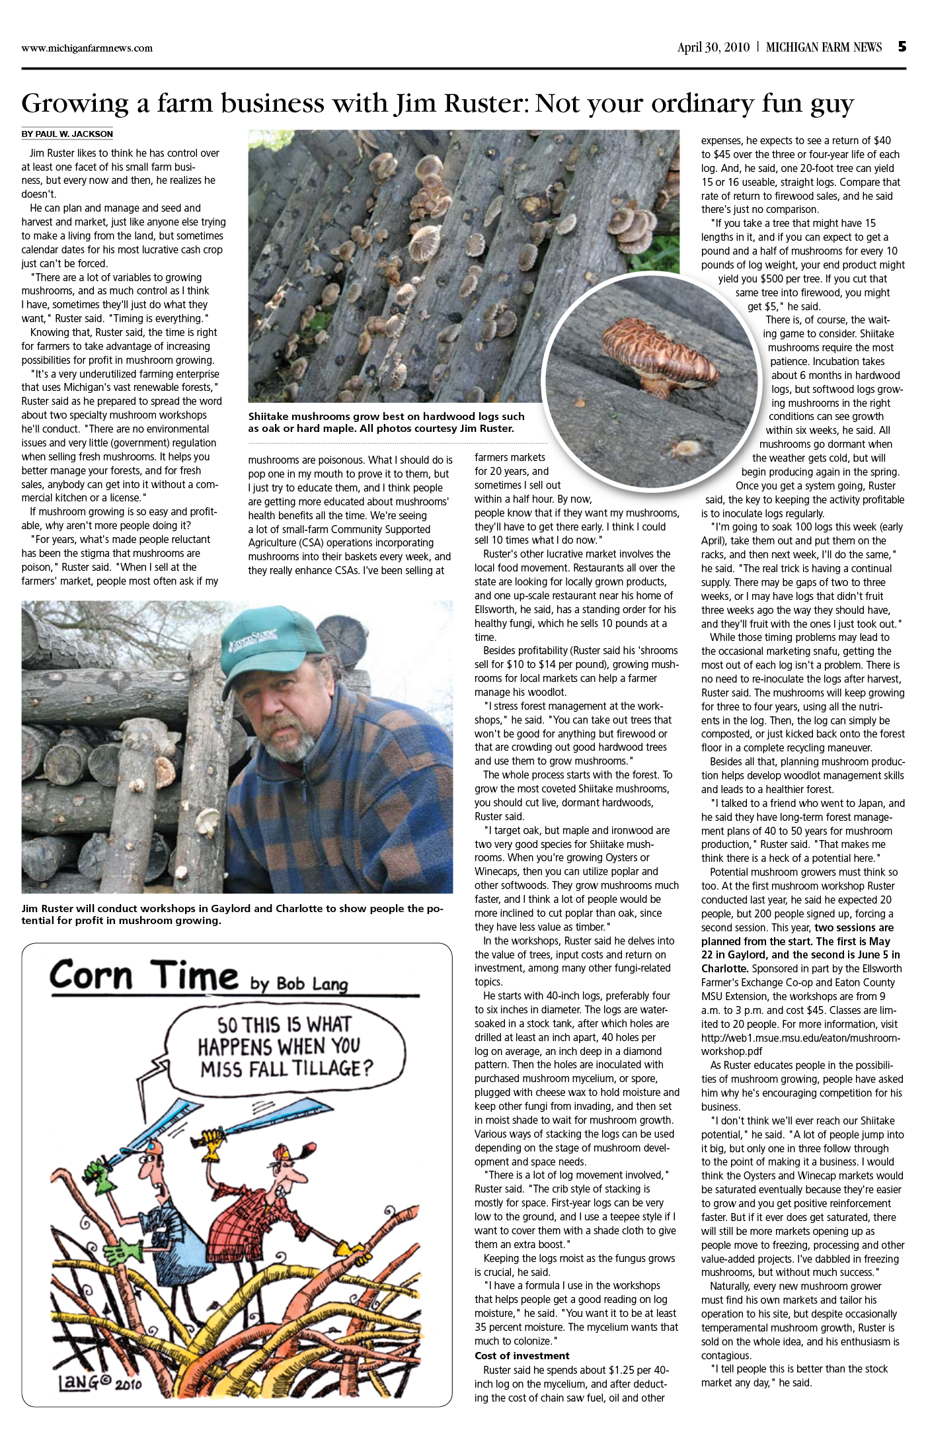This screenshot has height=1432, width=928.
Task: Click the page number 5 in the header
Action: pos(902,47)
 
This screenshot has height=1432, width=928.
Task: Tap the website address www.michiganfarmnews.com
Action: pos(87,48)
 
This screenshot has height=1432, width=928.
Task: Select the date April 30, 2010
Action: pos(713,48)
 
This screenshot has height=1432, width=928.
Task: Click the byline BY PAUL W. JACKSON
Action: pos(67,134)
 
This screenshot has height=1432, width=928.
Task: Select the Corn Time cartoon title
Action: pos(143,977)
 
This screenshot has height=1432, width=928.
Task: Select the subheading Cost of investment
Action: pos(522,1356)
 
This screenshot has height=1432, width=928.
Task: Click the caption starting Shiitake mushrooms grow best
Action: pos(387,422)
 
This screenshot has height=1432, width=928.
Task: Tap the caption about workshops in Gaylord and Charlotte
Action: pos(231,914)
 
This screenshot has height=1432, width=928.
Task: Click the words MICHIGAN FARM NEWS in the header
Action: pos(824,48)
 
